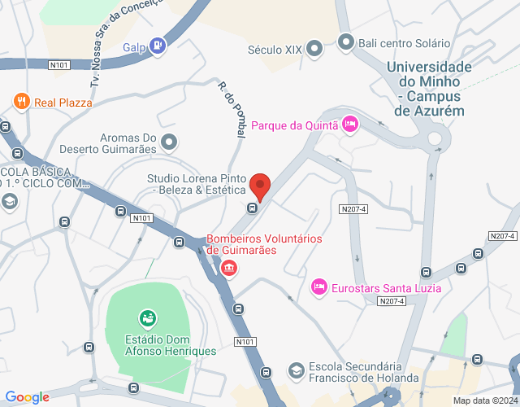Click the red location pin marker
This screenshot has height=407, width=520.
coord(260,185)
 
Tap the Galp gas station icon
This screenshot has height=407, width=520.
coord(158,46)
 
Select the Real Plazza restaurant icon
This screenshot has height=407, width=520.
coord(22,102)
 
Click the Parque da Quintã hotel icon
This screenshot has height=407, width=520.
coord(349,124)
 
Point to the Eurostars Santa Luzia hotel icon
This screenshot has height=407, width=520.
coord(319,287)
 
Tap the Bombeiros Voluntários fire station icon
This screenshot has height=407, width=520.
coord(229,267)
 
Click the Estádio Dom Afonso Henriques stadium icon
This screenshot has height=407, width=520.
coord(147,317)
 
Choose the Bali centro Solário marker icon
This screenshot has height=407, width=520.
coord(346,41)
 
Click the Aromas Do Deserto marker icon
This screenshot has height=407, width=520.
coord(169,142)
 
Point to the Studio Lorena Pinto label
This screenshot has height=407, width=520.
coord(197,184)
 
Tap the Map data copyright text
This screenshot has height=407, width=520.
coord(484,400)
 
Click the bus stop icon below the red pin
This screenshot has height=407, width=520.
coord(252,208)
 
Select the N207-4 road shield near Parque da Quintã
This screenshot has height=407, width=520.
coord(353,209)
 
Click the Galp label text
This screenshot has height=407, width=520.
coord(134,46)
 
